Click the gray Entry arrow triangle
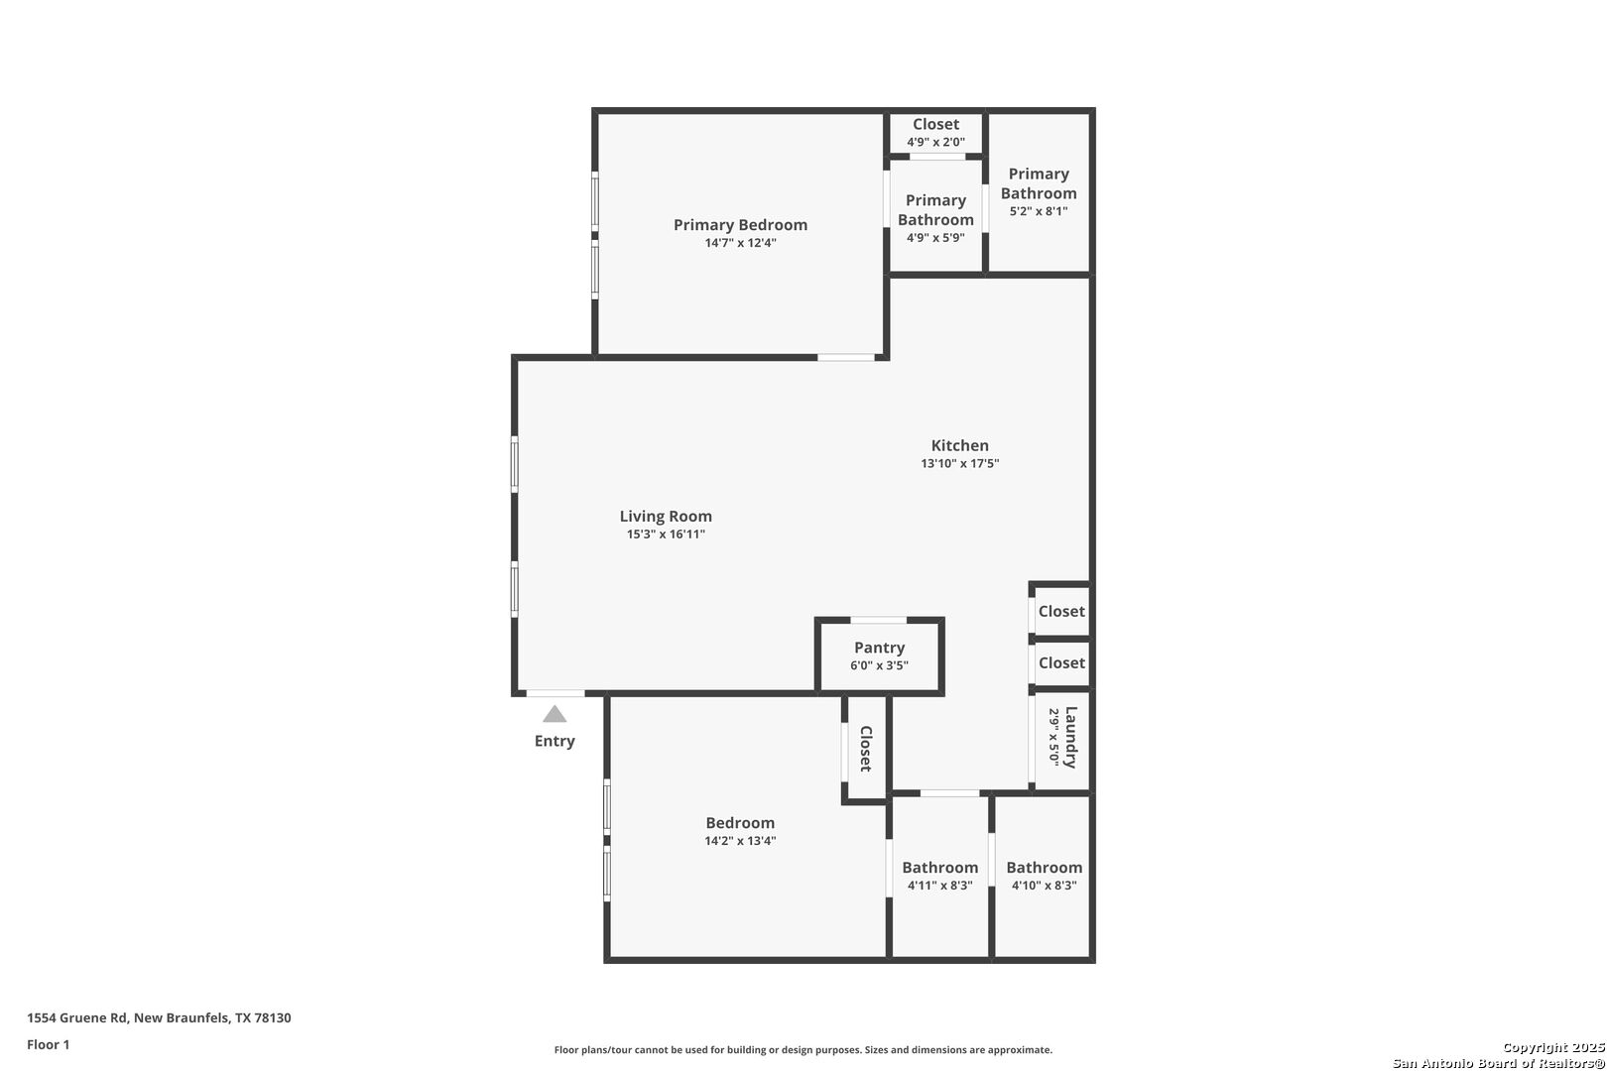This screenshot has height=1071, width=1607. coord(555,714)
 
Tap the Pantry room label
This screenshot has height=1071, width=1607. coord(880,647)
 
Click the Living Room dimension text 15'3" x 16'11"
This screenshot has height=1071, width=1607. coord(666,534)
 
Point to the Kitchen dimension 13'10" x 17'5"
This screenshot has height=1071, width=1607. coord(960,463)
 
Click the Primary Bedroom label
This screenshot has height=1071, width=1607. coord(740,224)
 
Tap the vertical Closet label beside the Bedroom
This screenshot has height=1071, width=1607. coord(866,749)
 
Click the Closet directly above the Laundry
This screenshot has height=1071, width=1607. coord(1061,662)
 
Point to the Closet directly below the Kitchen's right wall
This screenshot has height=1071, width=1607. coord(1061,611)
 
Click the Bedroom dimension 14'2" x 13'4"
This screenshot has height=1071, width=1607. coord(740,841)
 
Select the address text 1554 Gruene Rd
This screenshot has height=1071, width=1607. coord(77,1017)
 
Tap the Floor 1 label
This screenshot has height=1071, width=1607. coord(48,1045)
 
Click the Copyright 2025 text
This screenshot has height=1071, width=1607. coord(1553,1048)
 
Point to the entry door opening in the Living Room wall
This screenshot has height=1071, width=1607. coord(556,694)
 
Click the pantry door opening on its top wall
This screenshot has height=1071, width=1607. coord(879,621)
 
